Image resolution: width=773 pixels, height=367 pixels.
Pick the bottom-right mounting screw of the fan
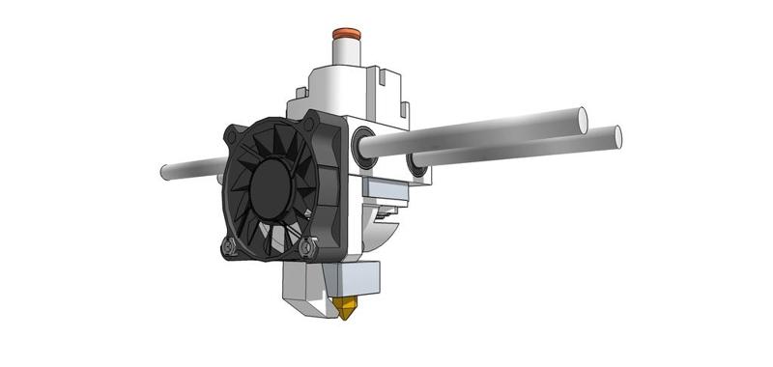pyautogui.click(x=308, y=249)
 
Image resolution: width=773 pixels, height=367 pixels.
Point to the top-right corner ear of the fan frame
pyautogui.click(x=311, y=120)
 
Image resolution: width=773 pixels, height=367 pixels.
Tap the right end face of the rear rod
pyautogui.click(x=615, y=137)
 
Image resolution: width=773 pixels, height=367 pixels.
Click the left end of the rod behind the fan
pyautogui.click(x=165, y=173)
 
